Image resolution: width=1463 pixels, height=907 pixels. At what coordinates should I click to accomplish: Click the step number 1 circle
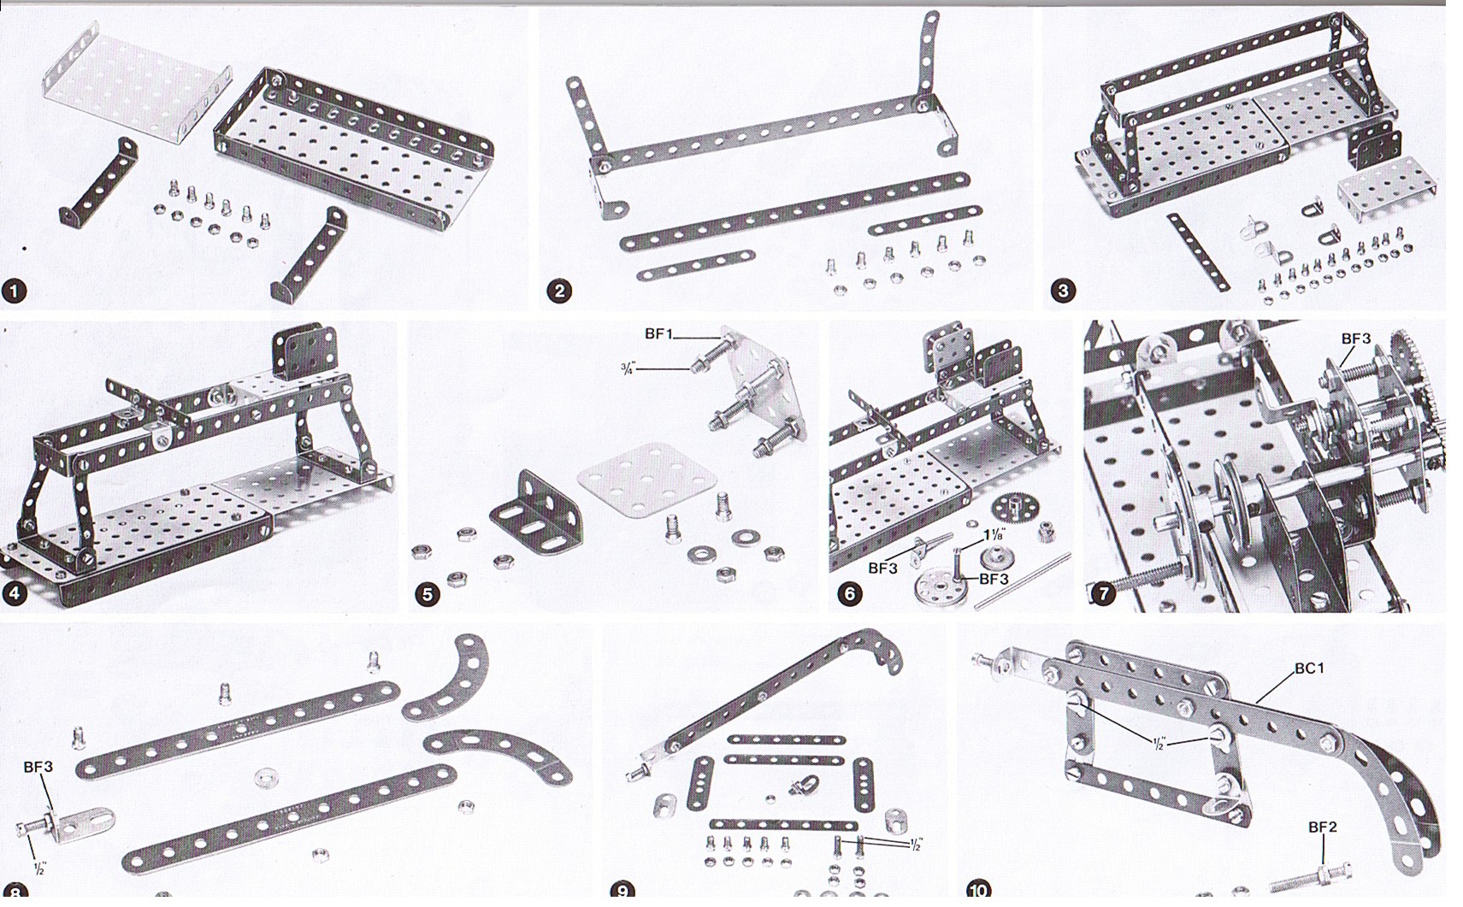tap(15, 292)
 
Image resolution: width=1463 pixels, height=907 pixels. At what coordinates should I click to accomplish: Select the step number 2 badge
tap(560, 292)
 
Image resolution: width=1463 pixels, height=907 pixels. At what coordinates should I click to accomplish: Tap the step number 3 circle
tap(1063, 292)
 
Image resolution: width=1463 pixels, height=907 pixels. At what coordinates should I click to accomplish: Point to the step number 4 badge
tap(15, 594)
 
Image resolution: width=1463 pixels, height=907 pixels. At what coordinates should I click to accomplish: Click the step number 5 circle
tap(428, 594)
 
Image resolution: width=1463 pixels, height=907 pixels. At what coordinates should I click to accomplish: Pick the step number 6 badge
tap(850, 593)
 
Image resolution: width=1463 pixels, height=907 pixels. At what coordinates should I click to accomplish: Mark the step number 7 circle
tap(1103, 593)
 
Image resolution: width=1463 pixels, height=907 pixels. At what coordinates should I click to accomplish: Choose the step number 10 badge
tap(978, 889)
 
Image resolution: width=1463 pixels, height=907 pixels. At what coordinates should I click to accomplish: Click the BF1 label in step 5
tap(658, 333)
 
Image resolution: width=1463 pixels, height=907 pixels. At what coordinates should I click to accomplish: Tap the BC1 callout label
tap(1309, 668)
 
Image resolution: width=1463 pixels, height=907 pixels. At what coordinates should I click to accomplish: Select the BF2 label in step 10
tap(1323, 827)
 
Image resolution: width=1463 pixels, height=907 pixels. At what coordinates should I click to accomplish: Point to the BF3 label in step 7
tap(1356, 339)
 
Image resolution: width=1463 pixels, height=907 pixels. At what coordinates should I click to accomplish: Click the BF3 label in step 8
tap(38, 767)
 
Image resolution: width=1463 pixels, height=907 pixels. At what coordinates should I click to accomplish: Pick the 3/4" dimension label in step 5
tap(628, 369)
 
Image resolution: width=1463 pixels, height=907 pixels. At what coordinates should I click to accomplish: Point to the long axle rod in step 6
tap(1021, 580)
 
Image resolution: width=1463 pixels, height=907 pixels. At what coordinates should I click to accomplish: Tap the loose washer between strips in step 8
tap(266, 777)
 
